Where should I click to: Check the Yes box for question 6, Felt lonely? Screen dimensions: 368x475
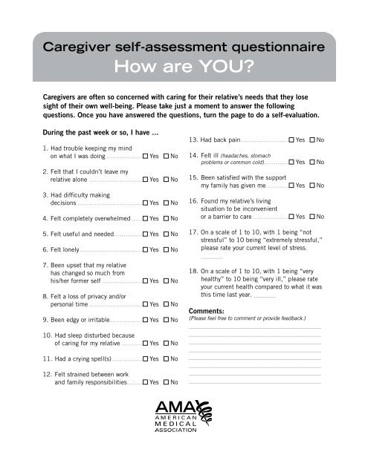145,250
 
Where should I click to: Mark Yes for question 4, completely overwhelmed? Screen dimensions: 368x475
145,218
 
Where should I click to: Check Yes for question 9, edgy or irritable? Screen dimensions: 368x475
145,320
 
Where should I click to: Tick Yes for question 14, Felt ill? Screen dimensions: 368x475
291,162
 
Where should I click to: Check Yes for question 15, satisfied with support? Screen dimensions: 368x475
291,184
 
